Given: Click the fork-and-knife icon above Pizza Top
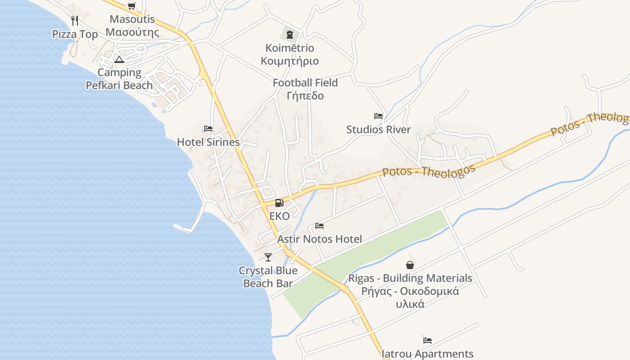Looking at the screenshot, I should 75,20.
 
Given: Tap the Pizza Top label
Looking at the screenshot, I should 75,34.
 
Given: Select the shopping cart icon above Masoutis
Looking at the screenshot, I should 131,6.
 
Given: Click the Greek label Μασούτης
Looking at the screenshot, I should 132,32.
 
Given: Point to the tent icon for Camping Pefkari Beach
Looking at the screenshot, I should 119,59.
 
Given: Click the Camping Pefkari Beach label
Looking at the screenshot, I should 119,79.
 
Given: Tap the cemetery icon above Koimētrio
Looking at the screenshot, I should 290,34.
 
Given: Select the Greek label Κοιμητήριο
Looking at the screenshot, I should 290,61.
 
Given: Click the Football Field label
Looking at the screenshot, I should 305,83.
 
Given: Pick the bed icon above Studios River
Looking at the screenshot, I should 378,116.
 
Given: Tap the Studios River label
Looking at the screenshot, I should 378,130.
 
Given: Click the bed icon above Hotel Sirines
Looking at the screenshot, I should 208,129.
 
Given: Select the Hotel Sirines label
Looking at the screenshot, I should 208,142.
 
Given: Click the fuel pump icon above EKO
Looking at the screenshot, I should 279,203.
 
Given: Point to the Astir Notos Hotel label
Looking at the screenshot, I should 319,239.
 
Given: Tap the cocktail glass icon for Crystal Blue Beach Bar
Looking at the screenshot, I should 268,257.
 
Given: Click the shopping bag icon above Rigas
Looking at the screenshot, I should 410,265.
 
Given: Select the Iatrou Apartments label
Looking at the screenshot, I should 427,354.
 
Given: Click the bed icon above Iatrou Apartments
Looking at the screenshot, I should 427,340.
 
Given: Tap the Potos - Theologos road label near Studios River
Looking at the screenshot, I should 429,171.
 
